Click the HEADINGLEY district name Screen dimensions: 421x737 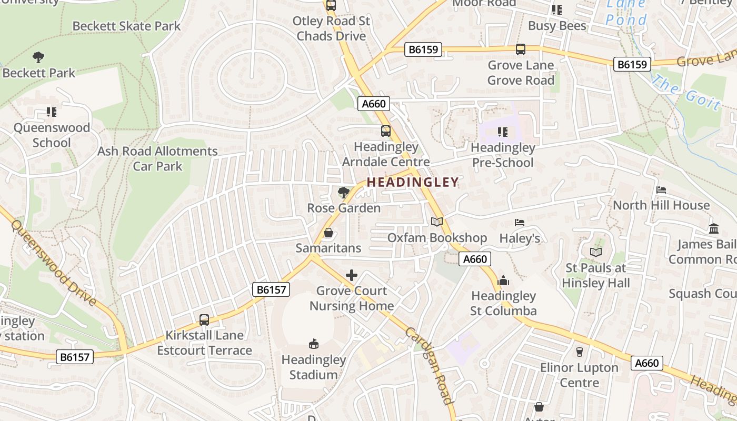412,182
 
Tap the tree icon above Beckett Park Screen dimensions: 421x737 38,57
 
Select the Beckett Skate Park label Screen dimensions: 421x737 126,26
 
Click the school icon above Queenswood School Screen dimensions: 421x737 52,112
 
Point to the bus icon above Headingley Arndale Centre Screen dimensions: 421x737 386,131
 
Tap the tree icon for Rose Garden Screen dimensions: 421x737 344,193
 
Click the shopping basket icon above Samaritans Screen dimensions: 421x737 328,232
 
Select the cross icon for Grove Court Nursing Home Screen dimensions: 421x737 352,275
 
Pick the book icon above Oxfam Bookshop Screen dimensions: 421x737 437,222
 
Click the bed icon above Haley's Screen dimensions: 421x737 520,223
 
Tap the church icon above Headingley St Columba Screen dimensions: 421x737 503,280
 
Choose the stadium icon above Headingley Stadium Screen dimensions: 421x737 313,344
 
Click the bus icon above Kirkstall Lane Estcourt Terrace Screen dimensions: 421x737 204,319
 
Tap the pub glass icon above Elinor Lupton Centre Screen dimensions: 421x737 580,352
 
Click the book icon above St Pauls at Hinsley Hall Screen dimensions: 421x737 596,252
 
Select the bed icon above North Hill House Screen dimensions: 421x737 661,189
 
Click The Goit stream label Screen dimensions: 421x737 686,92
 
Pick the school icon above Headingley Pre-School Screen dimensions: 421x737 503,132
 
